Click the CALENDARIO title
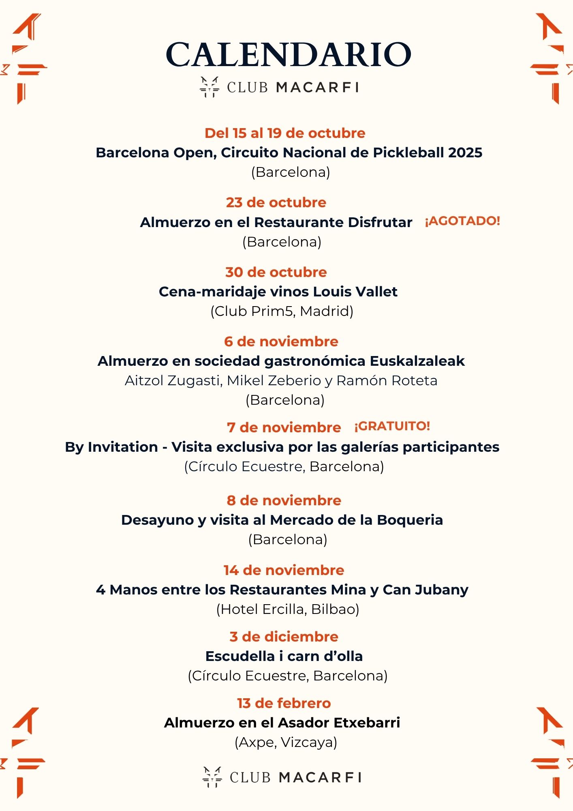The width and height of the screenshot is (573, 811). (288, 55)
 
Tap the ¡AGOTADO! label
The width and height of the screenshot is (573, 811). (462, 221)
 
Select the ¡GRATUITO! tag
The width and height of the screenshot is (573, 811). (392, 426)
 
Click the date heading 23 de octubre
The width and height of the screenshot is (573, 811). (276, 202)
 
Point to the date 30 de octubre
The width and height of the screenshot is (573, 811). (276, 272)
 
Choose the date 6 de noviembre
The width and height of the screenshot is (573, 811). (281, 341)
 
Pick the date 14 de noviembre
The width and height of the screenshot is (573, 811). (284, 570)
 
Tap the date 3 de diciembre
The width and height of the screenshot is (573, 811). (284, 637)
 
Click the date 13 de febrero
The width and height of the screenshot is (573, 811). (284, 703)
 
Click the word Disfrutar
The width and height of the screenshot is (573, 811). (380, 223)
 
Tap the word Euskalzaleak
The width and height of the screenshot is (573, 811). (417, 361)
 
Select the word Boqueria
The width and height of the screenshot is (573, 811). (410, 520)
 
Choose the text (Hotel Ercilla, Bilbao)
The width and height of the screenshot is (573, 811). (288, 609)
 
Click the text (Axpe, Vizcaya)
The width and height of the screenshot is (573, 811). (286, 742)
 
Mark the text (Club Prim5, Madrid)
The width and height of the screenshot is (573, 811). (282, 311)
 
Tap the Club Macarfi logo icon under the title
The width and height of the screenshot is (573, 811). (209, 87)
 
